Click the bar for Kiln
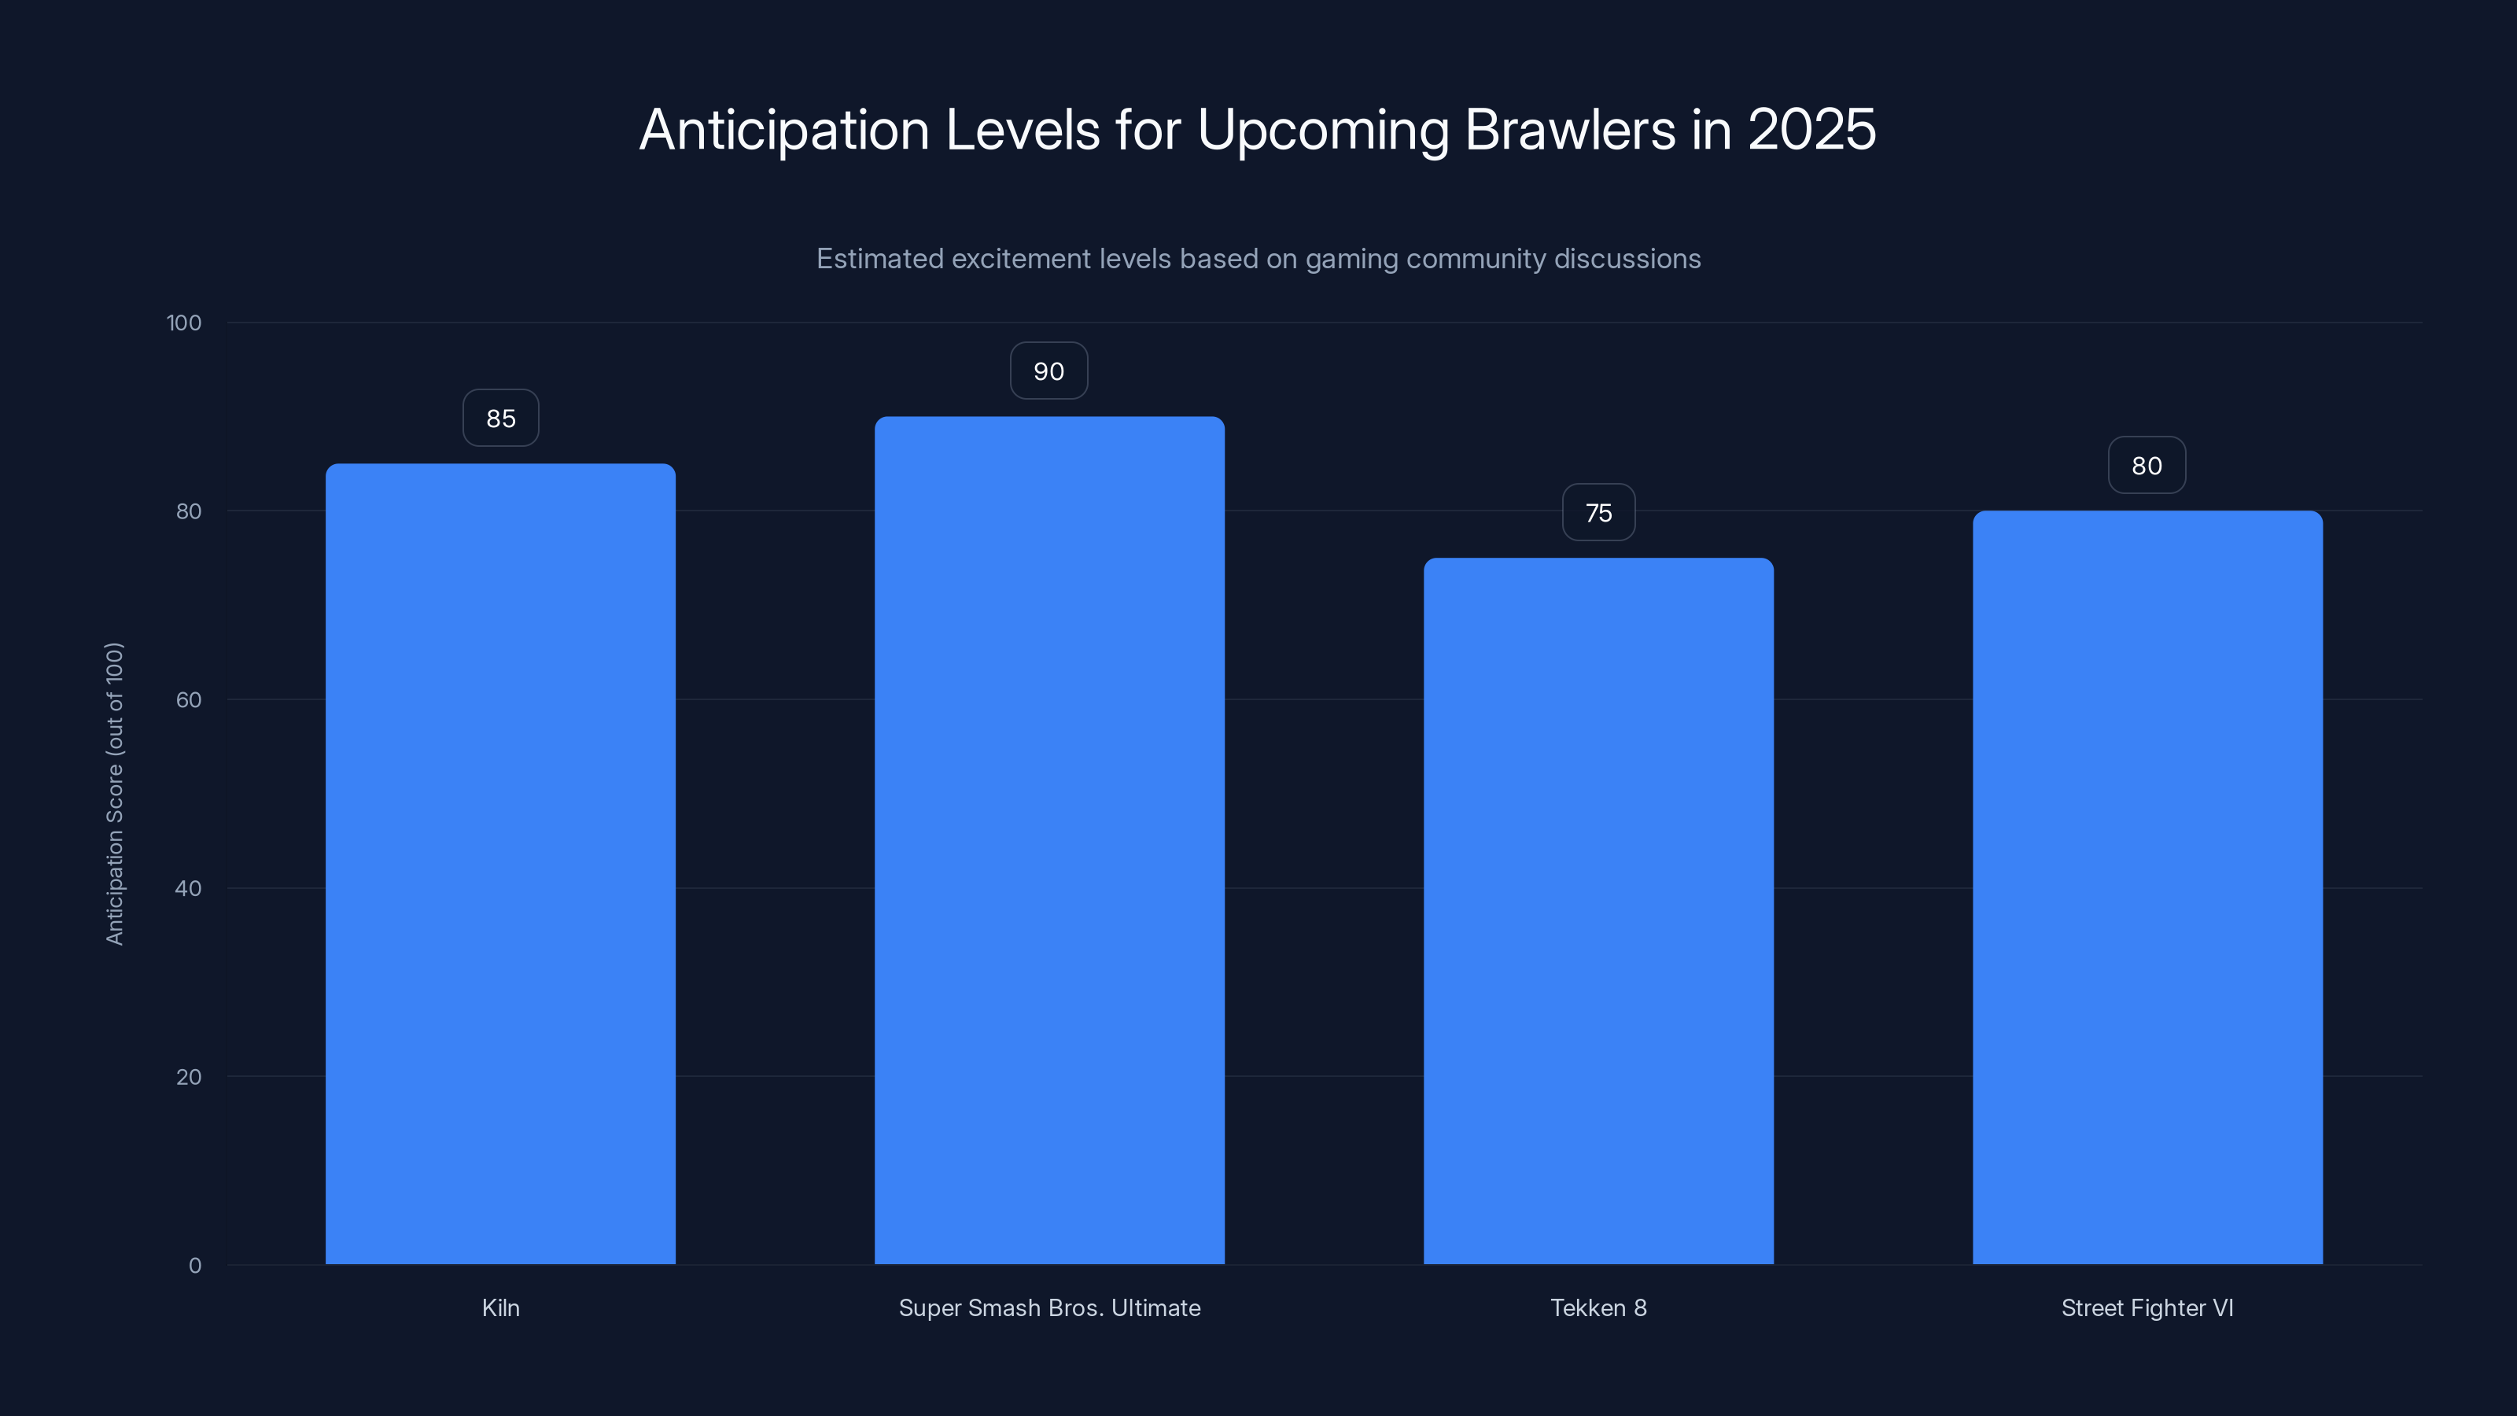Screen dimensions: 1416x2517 500,864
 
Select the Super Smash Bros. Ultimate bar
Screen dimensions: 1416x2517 1049,840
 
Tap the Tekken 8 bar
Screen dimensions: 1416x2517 1598,911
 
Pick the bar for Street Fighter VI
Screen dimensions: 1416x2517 2147,887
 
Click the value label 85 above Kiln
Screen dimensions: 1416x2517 500,419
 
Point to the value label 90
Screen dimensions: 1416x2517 1048,371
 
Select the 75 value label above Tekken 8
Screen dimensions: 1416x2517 1598,513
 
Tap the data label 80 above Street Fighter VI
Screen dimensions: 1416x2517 2147,466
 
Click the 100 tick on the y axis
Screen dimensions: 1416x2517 184,323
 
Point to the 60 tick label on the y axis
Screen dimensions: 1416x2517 189,699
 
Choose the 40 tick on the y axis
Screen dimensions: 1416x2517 189,888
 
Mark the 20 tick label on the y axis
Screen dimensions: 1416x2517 189,1077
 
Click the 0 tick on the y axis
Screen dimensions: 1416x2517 195,1266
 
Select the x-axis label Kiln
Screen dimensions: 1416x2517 500,1308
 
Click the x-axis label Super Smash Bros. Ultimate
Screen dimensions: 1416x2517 1049,1308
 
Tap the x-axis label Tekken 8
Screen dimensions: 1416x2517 1598,1308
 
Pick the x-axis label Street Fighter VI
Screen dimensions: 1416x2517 2147,1308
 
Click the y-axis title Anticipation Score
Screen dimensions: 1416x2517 116,794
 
